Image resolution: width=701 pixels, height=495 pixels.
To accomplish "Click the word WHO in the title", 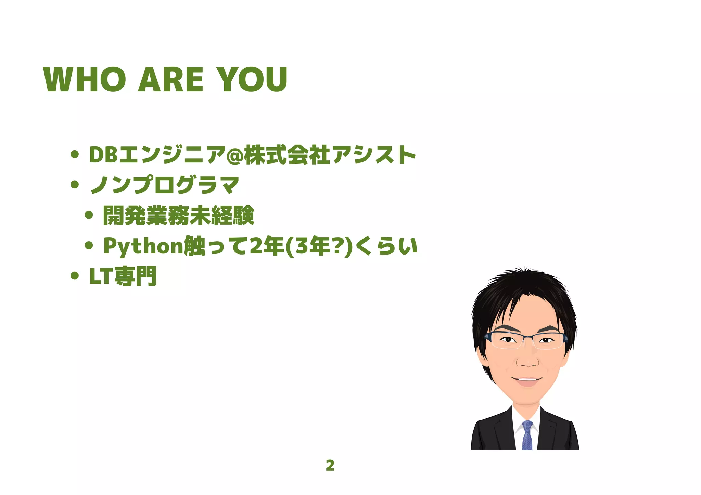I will (x=85, y=79).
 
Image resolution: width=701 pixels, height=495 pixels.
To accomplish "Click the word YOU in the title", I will (x=252, y=79).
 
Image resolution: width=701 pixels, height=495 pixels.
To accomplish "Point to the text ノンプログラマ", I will (x=165, y=185).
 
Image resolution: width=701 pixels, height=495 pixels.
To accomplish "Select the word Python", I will (x=143, y=246).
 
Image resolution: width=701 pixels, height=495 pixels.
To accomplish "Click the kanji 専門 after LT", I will (x=136, y=276).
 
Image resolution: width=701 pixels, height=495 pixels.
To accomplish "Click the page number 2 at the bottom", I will (x=330, y=465).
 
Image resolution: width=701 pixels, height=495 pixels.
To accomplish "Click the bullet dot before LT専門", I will (x=75, y=276).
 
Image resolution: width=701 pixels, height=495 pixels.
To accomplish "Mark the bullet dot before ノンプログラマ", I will (x=75, y=185).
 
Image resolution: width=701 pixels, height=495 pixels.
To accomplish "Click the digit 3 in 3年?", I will (x=302, y=246).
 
